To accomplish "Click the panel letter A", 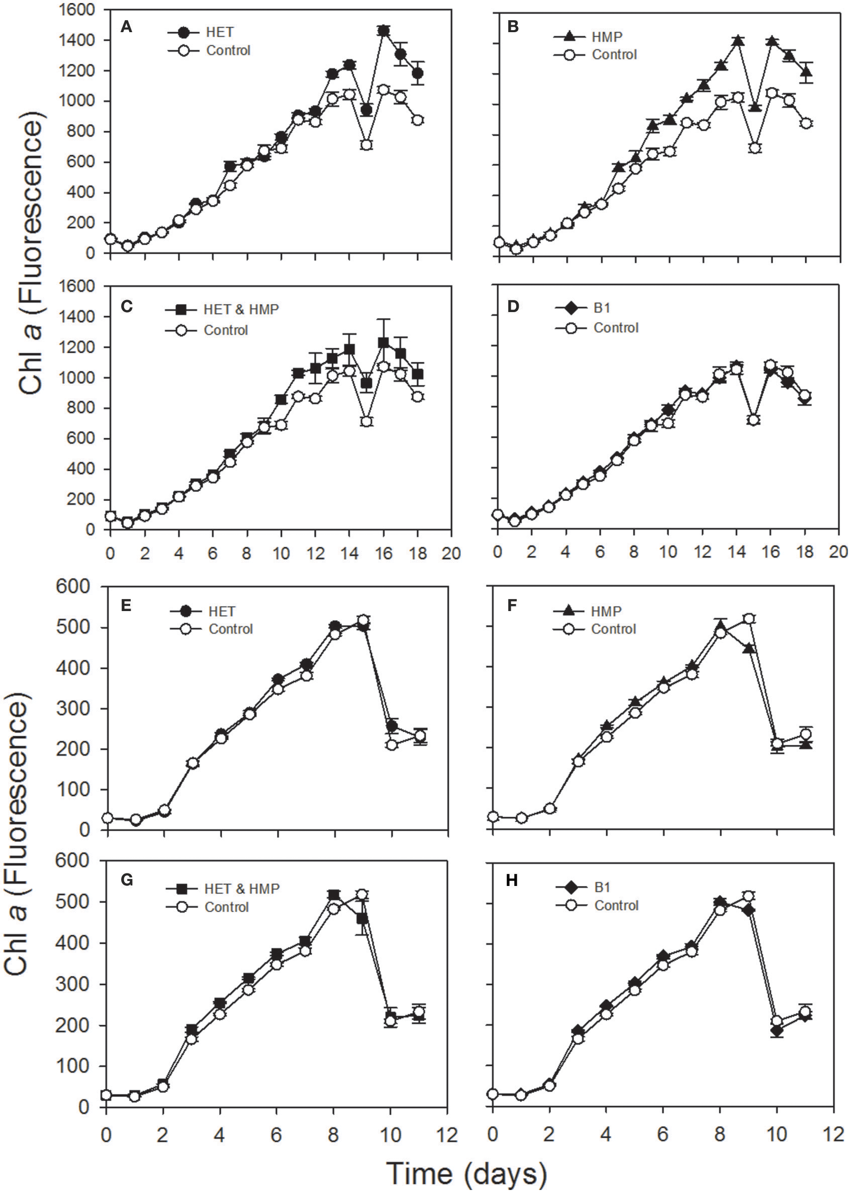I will pyautogui.click(x=126, y=26).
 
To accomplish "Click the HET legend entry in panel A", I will pyautogui.click(x=219, y=33).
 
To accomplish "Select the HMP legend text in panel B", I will pyautogui.click(x=607, y=37).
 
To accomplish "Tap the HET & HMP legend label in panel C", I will pyautogui.click(x=241, y=310).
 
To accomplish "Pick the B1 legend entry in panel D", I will pyautogui.click(x=602, y=308).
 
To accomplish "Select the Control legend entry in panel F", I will pyautogui.click(x=613, y=629).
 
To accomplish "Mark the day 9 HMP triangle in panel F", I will pyautogui.click(x=749, y=649).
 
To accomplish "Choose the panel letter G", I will pyautogui.click(x=126, y=881).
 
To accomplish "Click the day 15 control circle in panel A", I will pyautogui.click(x=366, y=145).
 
